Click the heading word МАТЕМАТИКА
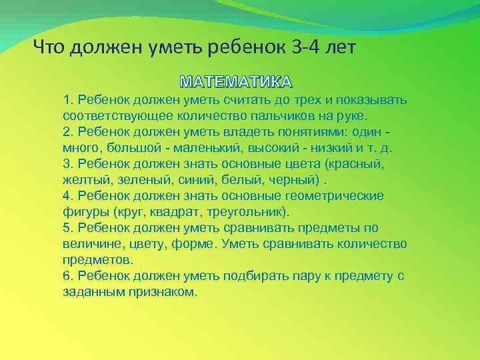tap(236, 83)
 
